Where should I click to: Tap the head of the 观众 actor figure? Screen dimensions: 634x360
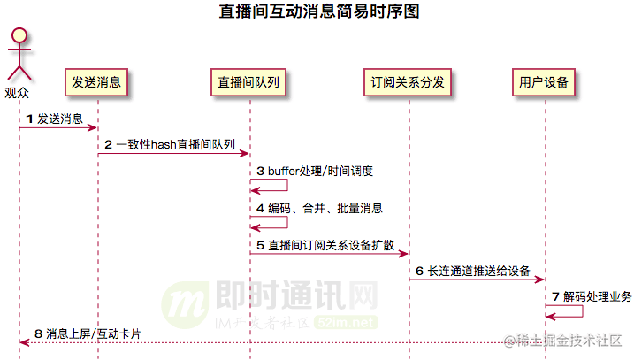tap(19, 37)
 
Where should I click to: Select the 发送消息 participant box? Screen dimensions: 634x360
tap(97, 82)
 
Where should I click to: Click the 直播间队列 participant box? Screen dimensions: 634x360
tap(249, 82)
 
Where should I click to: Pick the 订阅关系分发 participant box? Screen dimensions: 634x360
tap(409, 82)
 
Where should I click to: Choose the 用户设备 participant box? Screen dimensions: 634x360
tap(545, 82)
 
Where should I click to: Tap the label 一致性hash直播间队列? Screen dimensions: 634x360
tap(170, 144)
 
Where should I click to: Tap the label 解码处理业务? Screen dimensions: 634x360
tap(592, 296)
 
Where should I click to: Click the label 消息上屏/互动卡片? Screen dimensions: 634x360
tap(87, 333)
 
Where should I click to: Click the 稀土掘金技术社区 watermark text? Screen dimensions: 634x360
tap(569, 341)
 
